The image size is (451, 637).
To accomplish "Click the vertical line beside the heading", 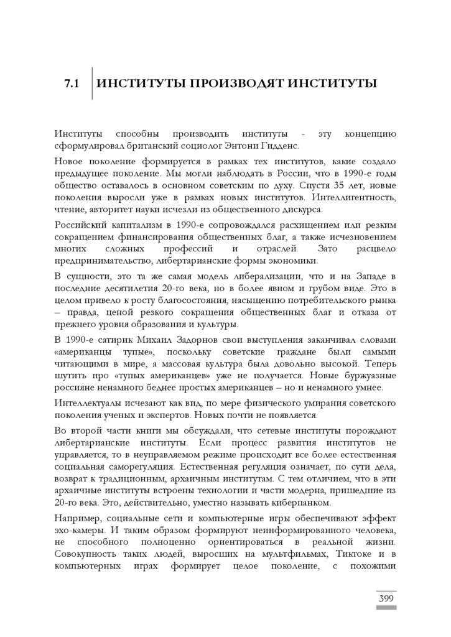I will click(x=92, y=83).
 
